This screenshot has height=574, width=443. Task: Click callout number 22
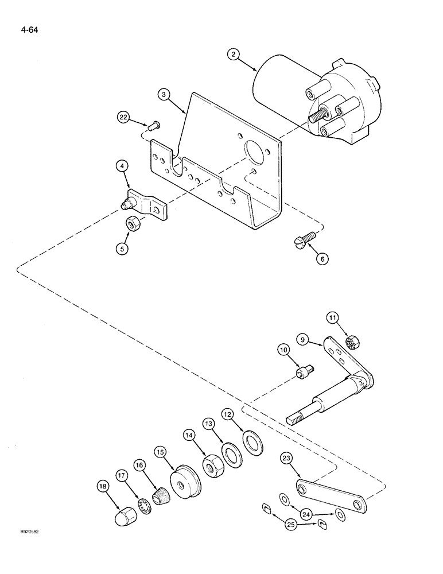tap(123, 117)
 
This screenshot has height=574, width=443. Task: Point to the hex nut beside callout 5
tap(132, 225)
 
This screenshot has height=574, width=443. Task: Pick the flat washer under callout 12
tap(250, 443)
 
